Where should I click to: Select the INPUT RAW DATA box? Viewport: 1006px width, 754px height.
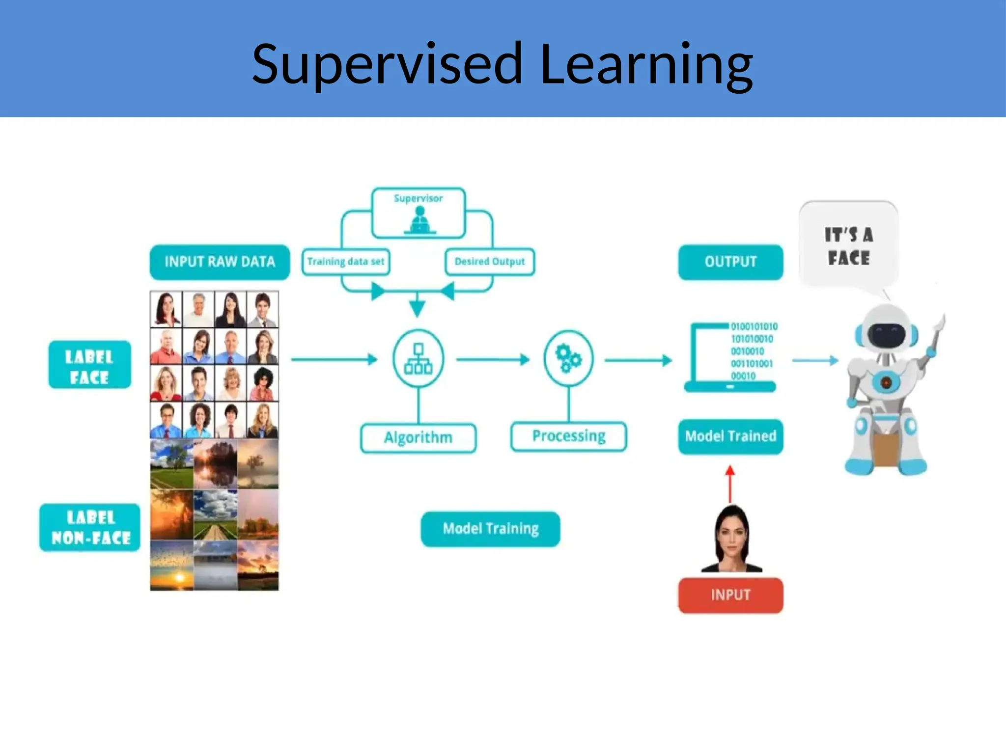tap(220, 262)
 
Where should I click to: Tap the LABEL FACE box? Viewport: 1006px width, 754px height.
tap(90, 365)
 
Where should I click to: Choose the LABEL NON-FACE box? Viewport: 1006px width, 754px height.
tap(90, 527)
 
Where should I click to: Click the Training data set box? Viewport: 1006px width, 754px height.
tap(346, 262)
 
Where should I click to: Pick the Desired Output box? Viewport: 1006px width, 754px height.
tap(490, 262)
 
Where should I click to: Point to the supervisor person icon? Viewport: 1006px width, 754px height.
tap(419, 220)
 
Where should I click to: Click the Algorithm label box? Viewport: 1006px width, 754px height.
tap(419, 437)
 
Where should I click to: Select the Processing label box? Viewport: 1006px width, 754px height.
tap(569, 436)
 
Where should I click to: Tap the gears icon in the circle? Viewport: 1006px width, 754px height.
tap(568, 358)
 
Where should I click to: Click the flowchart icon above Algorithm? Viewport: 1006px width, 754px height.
tap(419, 359)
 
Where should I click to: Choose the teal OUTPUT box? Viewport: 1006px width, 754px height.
tap(730, 262)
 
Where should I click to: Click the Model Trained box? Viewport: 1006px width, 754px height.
tap(730, 436)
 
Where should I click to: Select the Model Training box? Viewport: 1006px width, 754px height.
tap(491, 529)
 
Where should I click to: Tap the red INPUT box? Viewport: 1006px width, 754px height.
tap(730, 595)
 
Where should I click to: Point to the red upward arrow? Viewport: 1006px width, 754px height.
tap(730, 484)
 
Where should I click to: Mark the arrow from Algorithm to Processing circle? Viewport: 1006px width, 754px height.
tap(493, 360)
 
